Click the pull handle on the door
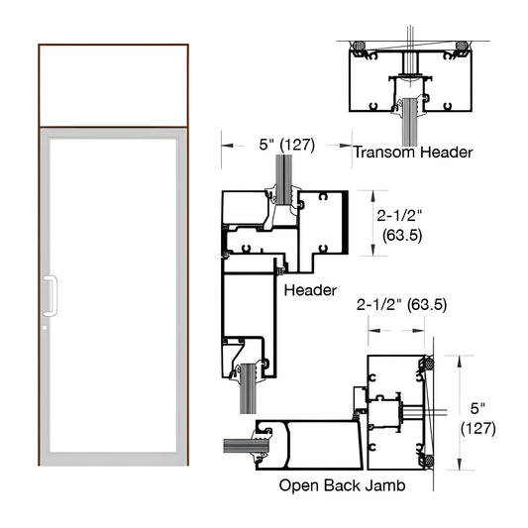(50, 295)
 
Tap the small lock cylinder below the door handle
(46, 325)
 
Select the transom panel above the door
(113, 85)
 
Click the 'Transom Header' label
(413, 153)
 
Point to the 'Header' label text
(310, 290)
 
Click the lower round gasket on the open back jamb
(429, 459)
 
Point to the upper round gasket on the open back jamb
(429, 366)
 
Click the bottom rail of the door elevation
(113, 459)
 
